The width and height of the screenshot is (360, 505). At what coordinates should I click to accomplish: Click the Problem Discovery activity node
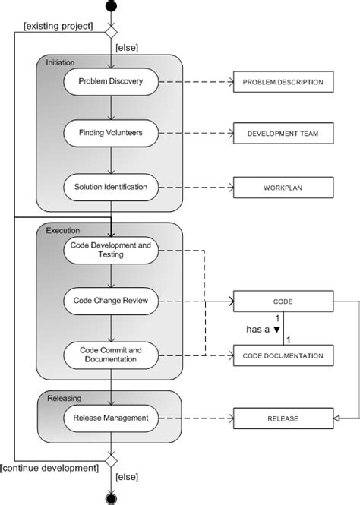coord(111,81)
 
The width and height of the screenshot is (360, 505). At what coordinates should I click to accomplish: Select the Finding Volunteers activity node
coord(111,134)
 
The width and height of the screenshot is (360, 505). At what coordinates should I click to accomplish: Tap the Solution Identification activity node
coord(111,186)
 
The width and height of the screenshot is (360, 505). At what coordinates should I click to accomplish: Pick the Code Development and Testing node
coord(111,250)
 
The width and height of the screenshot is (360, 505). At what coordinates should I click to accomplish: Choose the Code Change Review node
coord(111,301)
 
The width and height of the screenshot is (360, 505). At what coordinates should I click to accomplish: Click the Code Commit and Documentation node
coord(111,355)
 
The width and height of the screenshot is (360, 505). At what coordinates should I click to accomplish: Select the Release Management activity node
coord(111,417)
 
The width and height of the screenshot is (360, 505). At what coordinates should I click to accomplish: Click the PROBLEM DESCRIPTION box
coord(283,81)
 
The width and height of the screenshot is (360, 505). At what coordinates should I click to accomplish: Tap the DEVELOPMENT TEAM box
coord(283,134)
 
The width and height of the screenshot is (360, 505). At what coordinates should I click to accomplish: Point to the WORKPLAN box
coord(283,186)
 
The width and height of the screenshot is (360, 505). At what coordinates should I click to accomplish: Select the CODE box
coord(283,301)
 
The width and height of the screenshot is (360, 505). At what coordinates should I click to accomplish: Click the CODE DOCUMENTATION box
coord(283,355)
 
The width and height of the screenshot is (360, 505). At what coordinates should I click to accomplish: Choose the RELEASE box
coord(283,417)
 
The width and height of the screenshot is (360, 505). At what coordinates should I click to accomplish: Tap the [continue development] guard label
coord(50,467)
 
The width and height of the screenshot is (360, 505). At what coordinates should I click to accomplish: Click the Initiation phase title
coord(61,62)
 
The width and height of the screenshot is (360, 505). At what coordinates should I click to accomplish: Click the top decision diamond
coord(112,33)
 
